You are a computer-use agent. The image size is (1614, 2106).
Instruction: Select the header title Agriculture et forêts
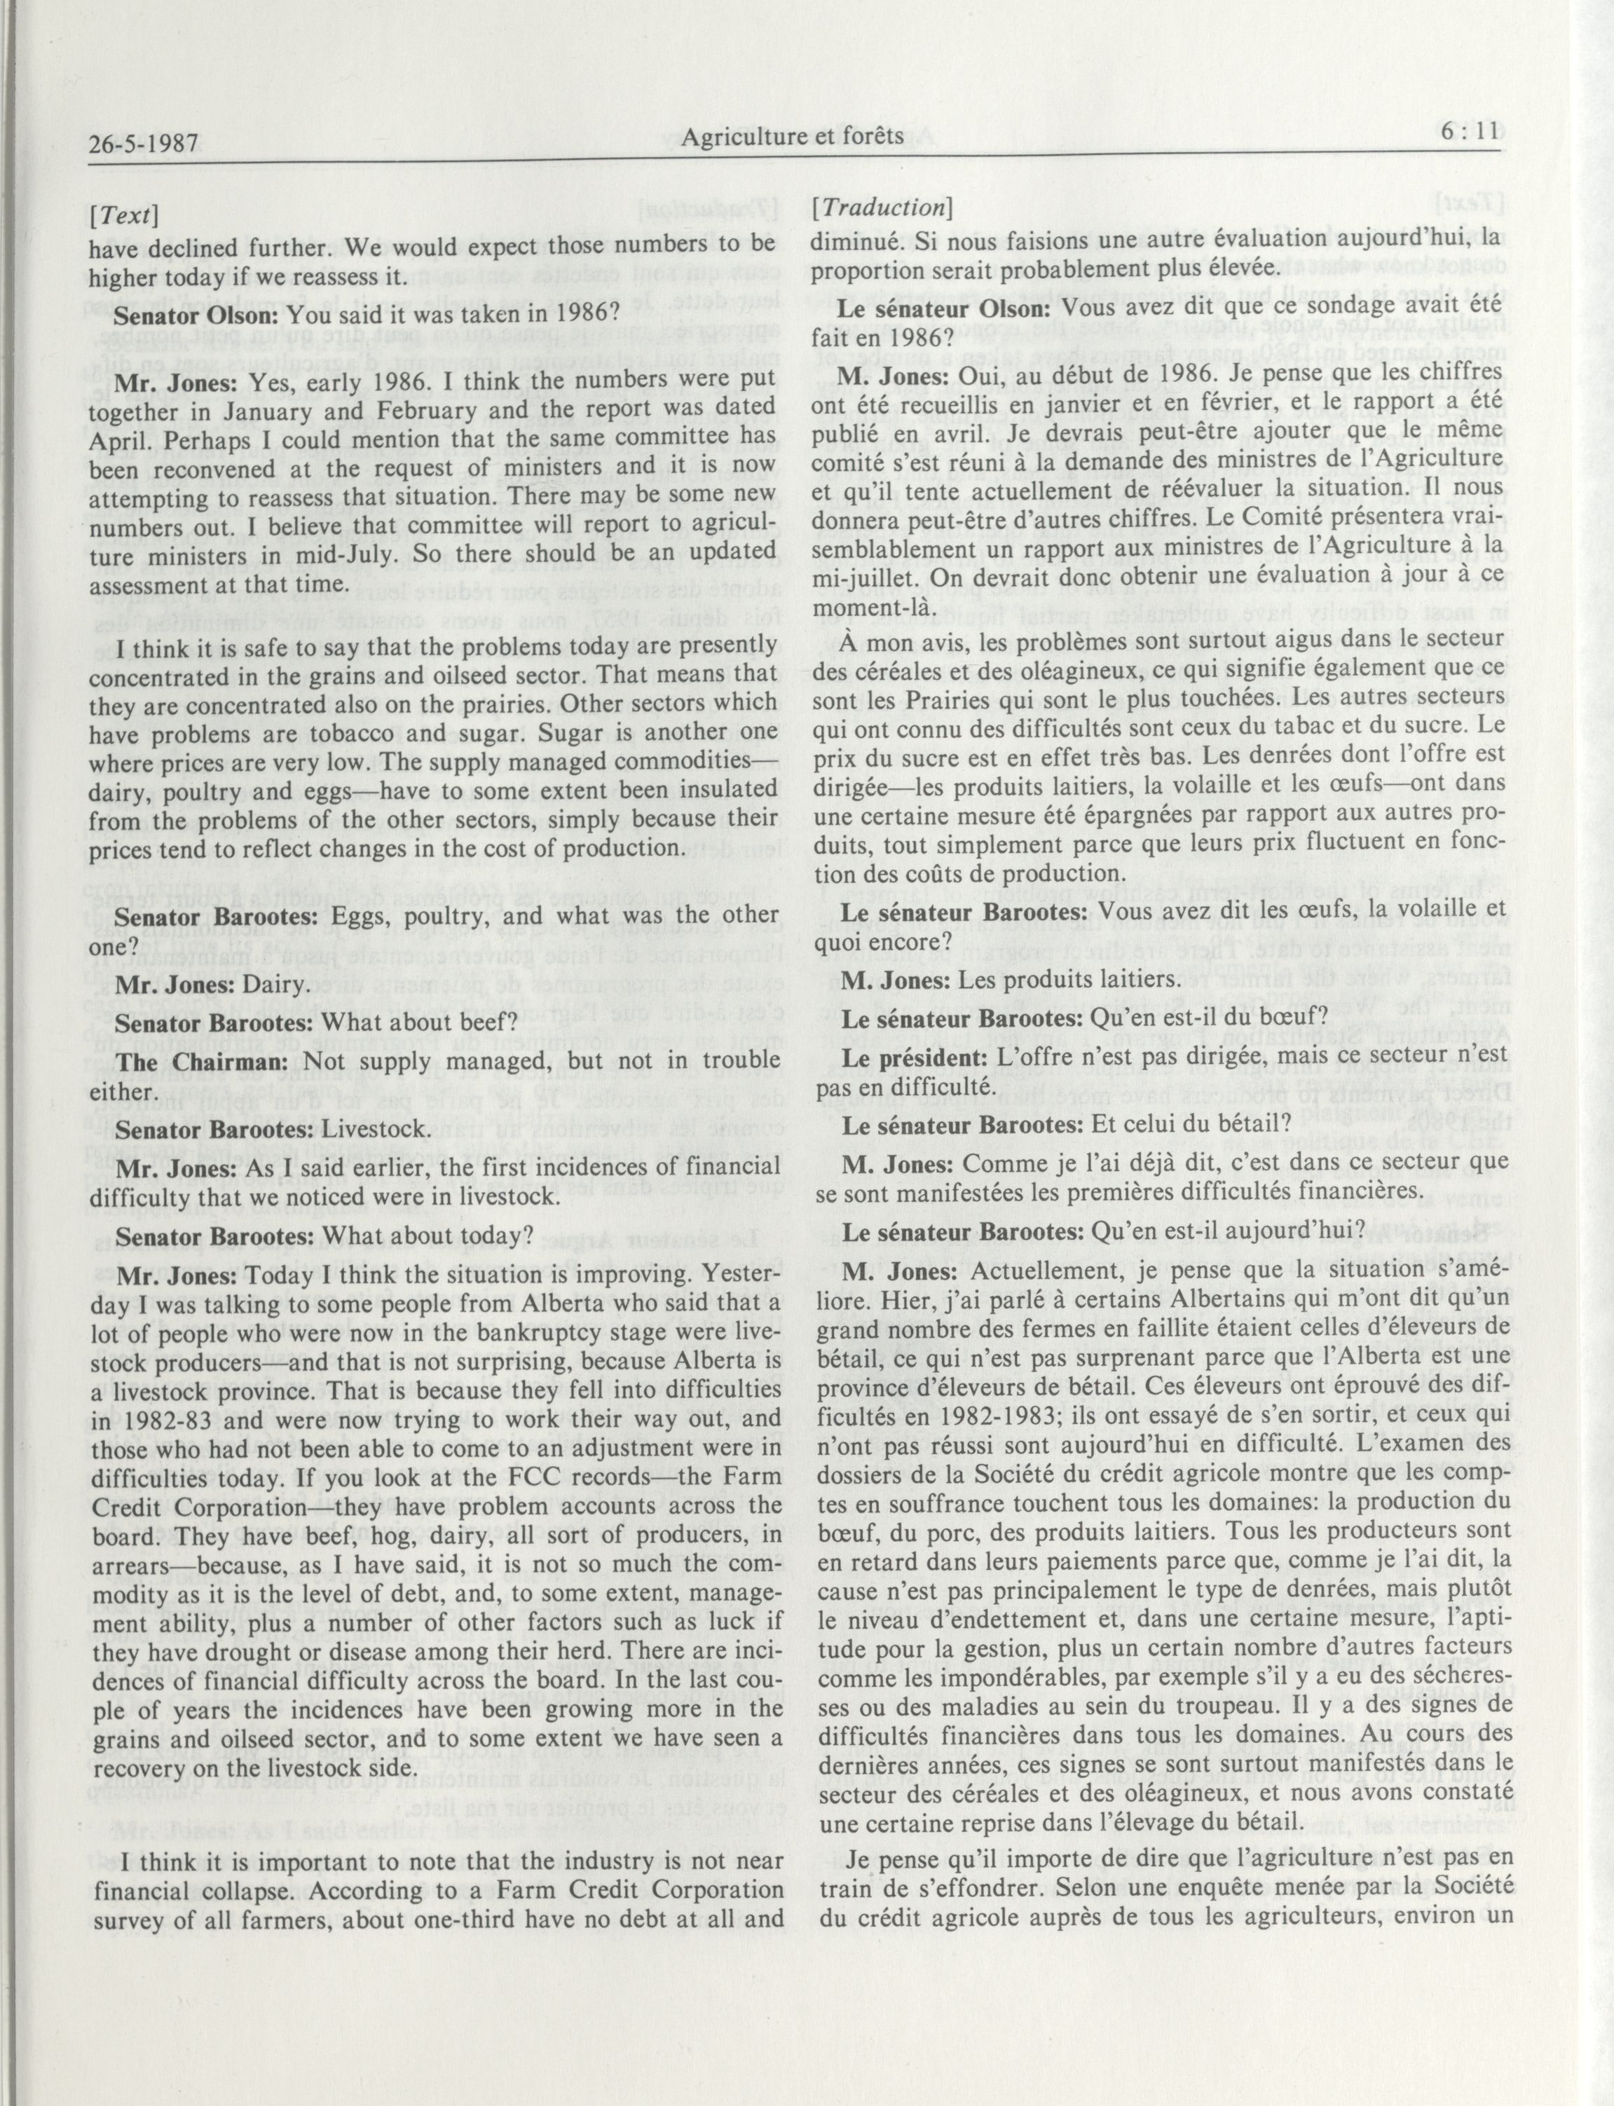coord(792,137)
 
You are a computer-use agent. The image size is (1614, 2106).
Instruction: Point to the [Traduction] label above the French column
coord(882,207)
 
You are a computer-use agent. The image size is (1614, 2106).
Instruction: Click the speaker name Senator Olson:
coord(197,313)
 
